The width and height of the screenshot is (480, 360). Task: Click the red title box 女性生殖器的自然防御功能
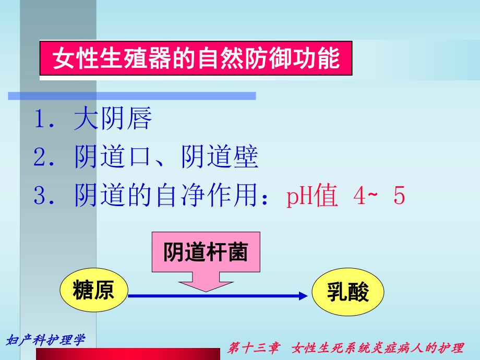(196, 59)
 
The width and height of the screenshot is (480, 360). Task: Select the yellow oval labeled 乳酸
(348, 294)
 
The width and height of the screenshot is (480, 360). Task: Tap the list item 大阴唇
(113, 119)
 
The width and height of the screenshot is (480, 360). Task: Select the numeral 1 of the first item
(40, 119)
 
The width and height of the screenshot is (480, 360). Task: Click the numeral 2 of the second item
(40, 158)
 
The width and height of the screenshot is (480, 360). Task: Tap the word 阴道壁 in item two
(220, 158)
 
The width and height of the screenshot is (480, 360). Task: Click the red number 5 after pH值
(399, 196)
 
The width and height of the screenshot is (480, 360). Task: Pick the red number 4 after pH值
(356, 196)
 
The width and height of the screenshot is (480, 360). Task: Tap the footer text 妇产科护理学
(45, 341)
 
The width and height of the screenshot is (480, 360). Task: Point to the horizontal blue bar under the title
(132, 96)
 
